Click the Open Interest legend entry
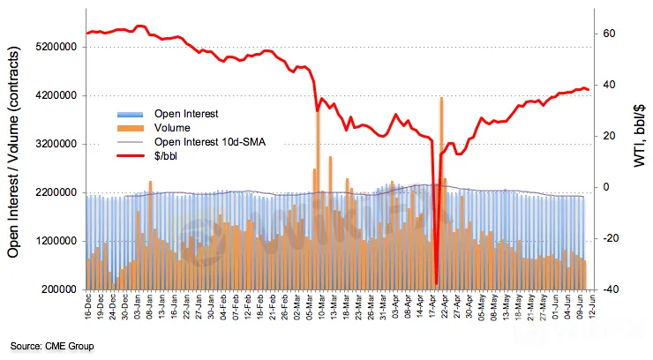(x=185, y=114)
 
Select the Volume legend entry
(x=172, y=127)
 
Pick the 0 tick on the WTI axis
(x=606, y=187)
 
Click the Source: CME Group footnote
(x=52, y=346)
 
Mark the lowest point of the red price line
(x=436, y=284)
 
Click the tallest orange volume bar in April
(x=441, y=99)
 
